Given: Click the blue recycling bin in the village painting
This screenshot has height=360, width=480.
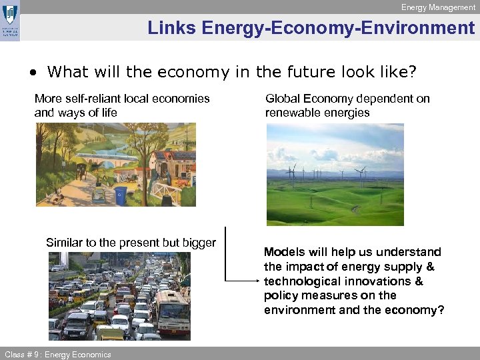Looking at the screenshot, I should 121,195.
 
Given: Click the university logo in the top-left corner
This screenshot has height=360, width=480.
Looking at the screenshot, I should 10,21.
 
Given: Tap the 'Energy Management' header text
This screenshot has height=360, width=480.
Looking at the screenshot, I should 438,7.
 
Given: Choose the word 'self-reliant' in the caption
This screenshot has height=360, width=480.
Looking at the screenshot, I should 99,99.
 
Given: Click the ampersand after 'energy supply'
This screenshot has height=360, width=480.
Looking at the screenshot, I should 430,267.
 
